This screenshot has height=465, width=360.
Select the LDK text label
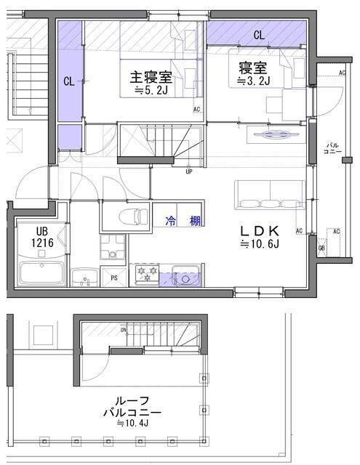click(260, 231)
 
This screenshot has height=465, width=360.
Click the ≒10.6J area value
click(260, 245)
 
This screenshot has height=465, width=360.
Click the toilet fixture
click(128, 217)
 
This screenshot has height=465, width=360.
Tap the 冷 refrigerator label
click(170, 220)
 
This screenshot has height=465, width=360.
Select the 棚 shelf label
click(195, 220)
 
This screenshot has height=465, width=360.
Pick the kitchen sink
click(185, 277)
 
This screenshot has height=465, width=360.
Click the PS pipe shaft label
click(114, 278)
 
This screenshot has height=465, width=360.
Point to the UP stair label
click(189, 172)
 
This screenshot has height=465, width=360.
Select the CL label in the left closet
click(68, 82)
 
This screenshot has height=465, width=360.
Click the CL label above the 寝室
click(259, 35)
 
